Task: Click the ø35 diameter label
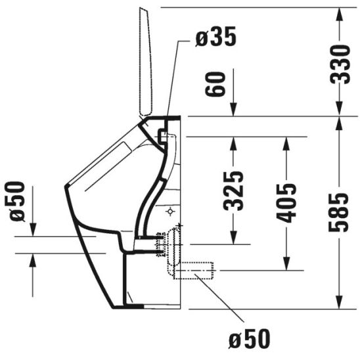pyautogui.click(x=216, y=38)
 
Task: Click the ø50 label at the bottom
pyautogui.click(x=250, y=340)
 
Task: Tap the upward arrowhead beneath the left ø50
pyautogui.click(x=32, y=263)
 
